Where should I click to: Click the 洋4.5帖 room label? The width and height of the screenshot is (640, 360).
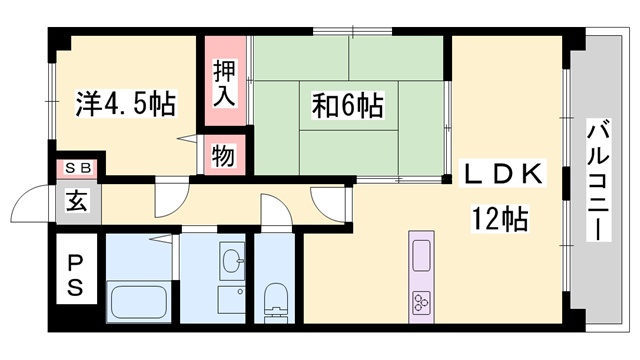[x=125, y=104]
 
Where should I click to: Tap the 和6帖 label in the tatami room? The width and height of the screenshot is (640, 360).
[x=347, y=105]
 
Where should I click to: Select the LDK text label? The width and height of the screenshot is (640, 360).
[x=502, y=174]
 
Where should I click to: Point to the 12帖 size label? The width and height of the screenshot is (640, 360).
[x=500, y=219]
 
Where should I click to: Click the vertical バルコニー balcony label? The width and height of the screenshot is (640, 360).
[x=598, y=180]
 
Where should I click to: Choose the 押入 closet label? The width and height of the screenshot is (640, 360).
[x=224, y=83]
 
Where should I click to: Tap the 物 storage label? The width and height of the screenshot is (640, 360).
[x=224, y=156]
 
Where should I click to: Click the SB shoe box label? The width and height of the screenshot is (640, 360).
[x=78, y=168]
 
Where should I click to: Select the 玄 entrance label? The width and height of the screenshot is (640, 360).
[x=77, y=201]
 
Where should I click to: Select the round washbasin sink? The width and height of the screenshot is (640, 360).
[x=233, y=260]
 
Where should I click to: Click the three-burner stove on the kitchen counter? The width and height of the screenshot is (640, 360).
[x=422, y=303]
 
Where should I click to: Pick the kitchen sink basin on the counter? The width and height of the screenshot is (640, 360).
[x=421, y=256]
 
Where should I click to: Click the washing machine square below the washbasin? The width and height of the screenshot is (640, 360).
[x=231, y=300]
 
